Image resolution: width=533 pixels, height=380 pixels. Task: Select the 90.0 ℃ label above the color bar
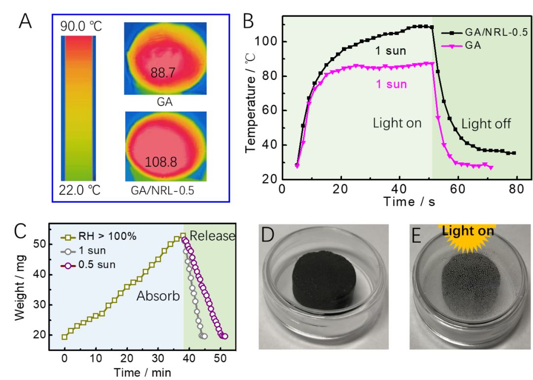click(x=81, y=27)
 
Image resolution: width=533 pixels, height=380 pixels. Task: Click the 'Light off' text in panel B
click(x=486, y=123)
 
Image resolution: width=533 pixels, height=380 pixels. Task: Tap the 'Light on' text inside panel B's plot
click(x=397, y=123)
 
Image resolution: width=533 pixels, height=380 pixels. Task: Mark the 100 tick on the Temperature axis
click(x=271, y=42)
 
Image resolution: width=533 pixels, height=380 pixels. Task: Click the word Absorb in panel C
click(x=157, y=296)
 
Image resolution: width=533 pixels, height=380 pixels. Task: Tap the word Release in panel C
click(x=212, y=236)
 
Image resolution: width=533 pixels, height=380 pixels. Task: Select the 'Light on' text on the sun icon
click(x=468, y=230)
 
